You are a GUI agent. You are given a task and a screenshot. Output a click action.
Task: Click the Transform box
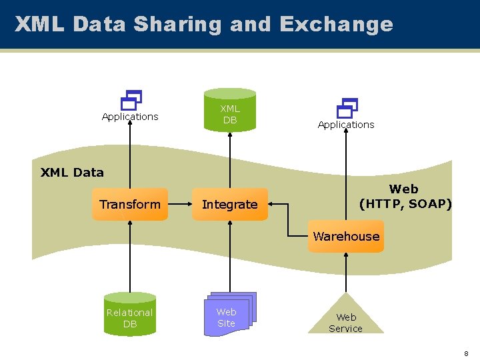130,205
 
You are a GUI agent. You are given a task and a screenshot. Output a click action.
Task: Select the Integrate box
229,205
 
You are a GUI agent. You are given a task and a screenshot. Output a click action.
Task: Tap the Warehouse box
346,237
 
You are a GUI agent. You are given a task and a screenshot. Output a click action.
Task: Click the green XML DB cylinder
230,111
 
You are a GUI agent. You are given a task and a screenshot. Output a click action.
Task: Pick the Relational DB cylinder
129,315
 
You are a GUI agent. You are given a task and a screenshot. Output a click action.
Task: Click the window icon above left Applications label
131,100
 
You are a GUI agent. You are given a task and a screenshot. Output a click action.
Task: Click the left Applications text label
130,117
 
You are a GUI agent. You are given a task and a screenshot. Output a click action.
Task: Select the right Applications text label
346,125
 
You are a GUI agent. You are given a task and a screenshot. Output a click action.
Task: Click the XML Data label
72,173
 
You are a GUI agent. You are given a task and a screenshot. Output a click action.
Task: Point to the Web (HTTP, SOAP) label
405,197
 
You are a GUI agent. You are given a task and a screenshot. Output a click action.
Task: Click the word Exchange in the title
336,25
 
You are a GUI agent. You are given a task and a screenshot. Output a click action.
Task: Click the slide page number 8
467,353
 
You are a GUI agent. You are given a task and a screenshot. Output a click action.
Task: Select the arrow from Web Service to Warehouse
346,273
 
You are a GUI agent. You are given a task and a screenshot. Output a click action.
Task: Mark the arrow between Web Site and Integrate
230,257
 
